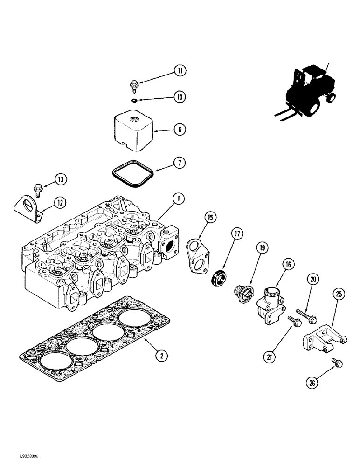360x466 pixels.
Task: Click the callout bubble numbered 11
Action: pos(180,71)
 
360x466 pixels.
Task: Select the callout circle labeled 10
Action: pos(180,97)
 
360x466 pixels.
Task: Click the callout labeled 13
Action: pos(61,179)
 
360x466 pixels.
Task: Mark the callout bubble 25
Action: pos(339,294)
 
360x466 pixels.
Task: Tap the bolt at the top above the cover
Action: pos(134,85)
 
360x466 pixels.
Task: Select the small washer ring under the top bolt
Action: pos(134,99)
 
